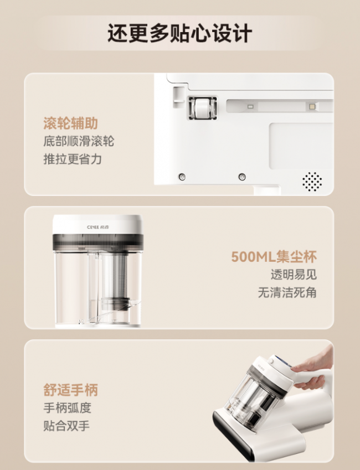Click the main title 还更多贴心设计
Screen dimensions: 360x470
(x=179, y=33)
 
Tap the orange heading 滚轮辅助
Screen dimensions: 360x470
(x=71, y=123)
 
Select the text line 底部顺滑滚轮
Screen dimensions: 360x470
(x=79, y=141)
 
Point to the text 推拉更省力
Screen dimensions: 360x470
(x=73, y=159)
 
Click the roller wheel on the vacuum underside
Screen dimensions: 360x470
(x=203, y=108)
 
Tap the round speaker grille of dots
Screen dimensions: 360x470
(x=312, y=182)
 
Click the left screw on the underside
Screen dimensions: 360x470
(x=182, y=177)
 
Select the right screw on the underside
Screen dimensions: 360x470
(x=242, y=177)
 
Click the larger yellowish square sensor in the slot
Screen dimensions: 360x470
(x=312, y=106)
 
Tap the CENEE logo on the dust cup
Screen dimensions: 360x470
(x=98, y=227)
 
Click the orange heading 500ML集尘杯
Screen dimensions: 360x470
(x=274, y=257)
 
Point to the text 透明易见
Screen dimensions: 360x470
(x=294, y=275)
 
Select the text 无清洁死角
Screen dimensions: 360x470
(x=287, y=292)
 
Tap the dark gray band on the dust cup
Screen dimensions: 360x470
(x=98, y=242)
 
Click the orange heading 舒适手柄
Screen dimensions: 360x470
(x=71, y=390)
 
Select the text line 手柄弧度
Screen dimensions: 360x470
(x=67, y=408)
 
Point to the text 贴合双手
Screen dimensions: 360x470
(x=66, y=426)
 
